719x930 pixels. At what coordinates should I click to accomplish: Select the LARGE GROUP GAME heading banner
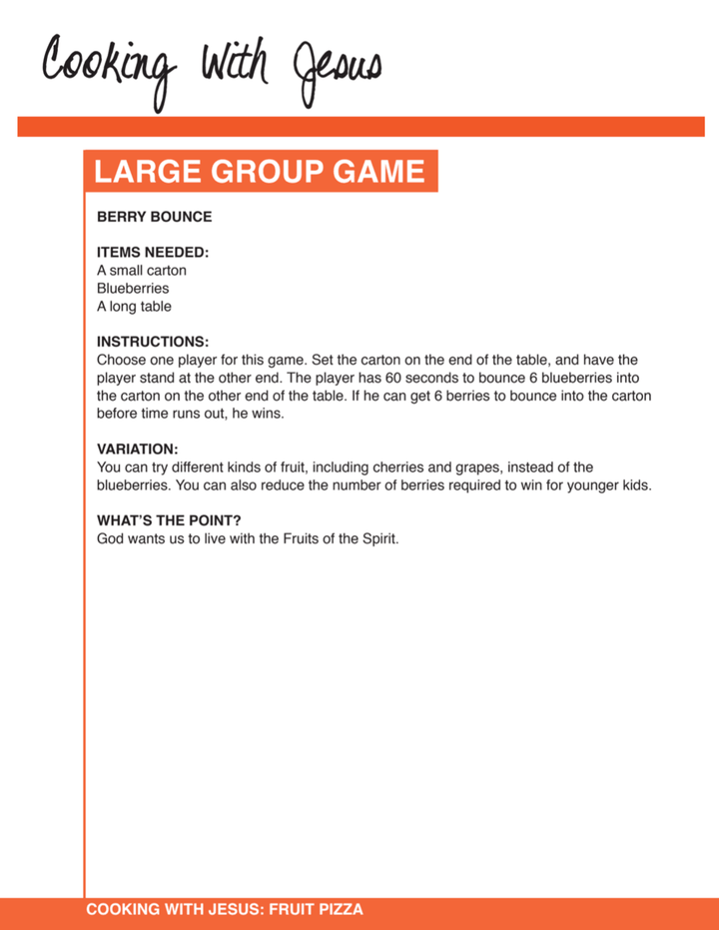click(260, 172)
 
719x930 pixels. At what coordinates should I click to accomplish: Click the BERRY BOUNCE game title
click(154, 217)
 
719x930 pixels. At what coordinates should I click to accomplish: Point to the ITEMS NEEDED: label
click(153, 253)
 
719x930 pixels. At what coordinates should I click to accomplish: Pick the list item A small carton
click(142, 271)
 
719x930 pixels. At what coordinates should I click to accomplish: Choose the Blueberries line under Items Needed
click(133, 289)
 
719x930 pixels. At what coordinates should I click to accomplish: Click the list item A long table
click(134, 307)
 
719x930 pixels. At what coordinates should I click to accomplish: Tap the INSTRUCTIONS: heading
click(153, 342)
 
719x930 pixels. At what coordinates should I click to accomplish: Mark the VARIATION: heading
click(138, 450)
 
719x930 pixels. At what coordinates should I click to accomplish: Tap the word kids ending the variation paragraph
click(634, 485)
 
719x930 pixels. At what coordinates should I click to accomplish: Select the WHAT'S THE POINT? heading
click(170, 520)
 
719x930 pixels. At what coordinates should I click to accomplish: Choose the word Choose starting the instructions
click(122, 360)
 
